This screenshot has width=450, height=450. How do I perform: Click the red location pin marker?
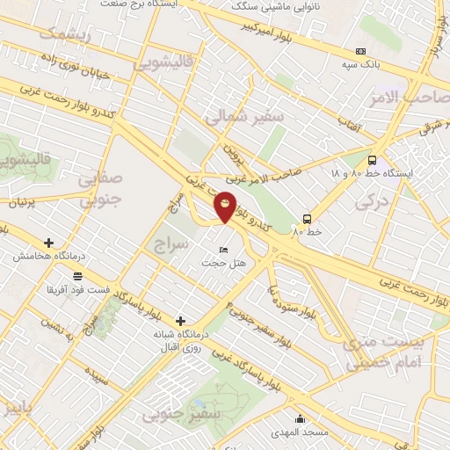pyautogui.click(x=225, y=207)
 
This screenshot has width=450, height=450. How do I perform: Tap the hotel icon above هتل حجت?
pyautogui.click(x=222, y=250)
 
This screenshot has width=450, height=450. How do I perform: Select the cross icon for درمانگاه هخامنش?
pyautogui.click(x=48, y=243)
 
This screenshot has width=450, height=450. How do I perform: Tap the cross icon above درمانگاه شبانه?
pyautogui.click(x=181, y=321)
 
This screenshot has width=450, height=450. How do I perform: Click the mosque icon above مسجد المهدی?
pyautogui.click(x=301, y=419)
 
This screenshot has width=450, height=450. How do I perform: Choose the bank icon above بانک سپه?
pyautogui.click(x=360, y=52)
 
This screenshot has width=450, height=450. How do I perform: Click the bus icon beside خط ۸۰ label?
pyautogui.click(x=307, y=219)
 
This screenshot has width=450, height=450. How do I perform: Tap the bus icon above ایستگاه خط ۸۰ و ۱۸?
pyautogui.click(x=373, y=160)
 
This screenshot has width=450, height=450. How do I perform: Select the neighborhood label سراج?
pyautogui.click(x=170, y=243)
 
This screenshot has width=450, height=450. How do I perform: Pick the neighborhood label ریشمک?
pyautogui.click(x=66, y=33)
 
